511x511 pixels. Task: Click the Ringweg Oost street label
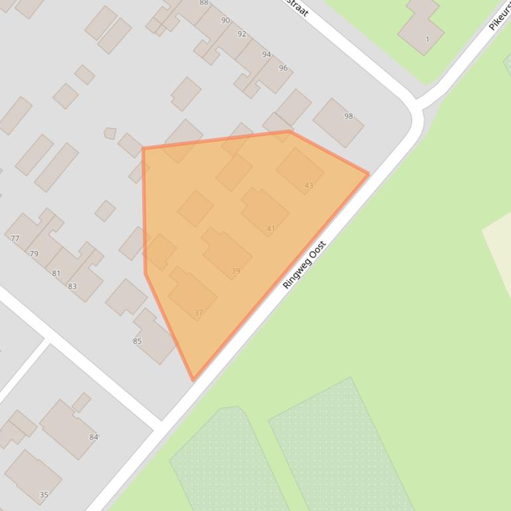click(305, 264)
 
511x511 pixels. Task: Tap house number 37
click(199, 313)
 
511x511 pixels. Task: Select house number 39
click(236, 271)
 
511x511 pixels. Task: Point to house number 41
click(270, 228)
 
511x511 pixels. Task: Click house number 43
click(308, 185)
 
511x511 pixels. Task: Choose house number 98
click(349, 116)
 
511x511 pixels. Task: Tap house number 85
click(138, 341)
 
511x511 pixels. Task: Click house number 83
click(72, 287)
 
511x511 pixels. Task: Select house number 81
click(56, 273)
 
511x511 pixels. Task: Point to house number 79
click(34, 254)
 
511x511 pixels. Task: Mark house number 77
click(15, 238)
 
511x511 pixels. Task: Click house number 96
click(283, 68)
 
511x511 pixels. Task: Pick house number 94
click(266, 54)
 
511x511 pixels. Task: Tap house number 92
click(242, 34)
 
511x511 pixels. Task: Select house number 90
click(225, 21)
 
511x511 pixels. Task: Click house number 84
click(94, 437)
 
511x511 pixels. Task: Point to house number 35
click(44, 494)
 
